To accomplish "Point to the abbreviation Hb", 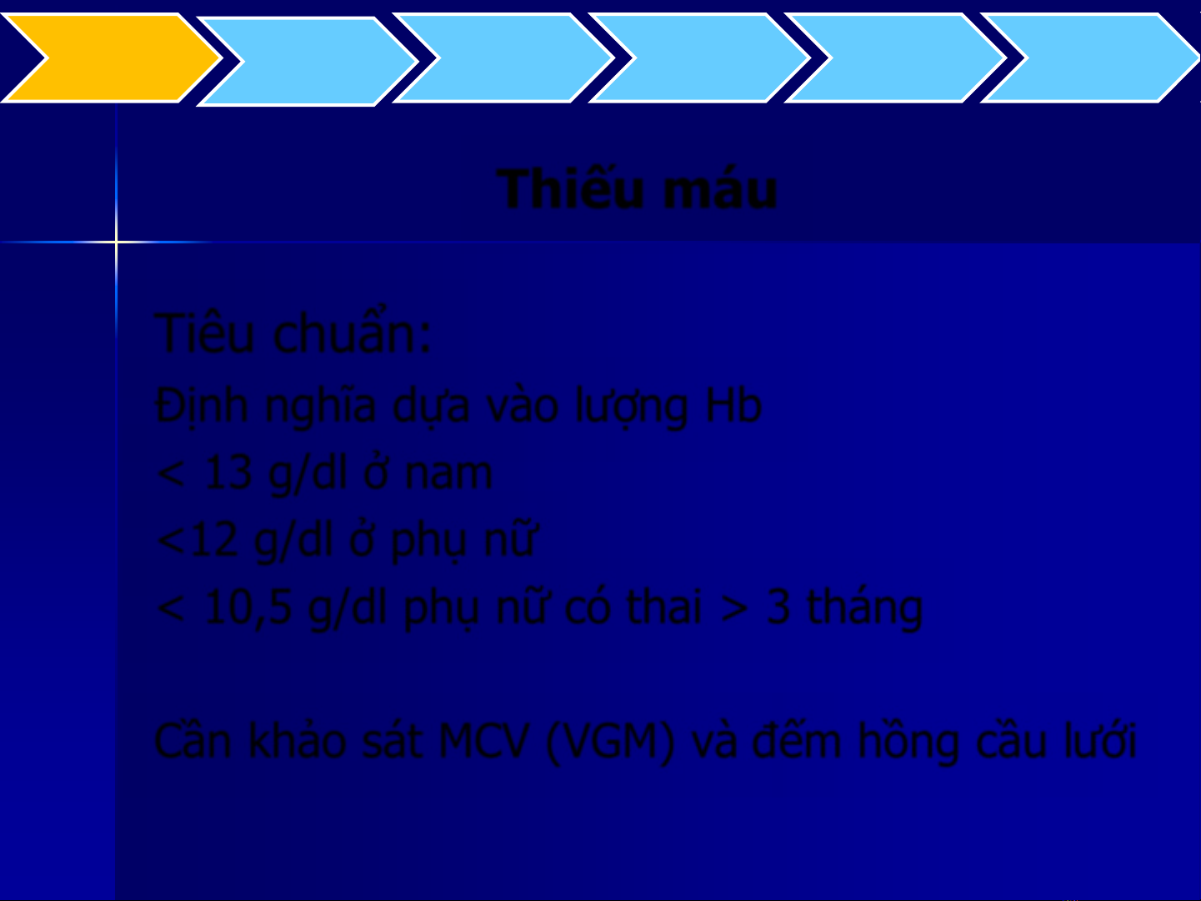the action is click(x=733, y=405).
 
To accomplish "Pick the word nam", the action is click(x=448, y=473).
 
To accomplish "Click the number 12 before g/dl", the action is click(x=214, y=540).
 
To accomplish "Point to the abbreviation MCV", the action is click(x=484, y=741).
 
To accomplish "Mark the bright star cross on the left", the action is click(x=117, y=241).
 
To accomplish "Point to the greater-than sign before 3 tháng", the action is click(x=733, y=608).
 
